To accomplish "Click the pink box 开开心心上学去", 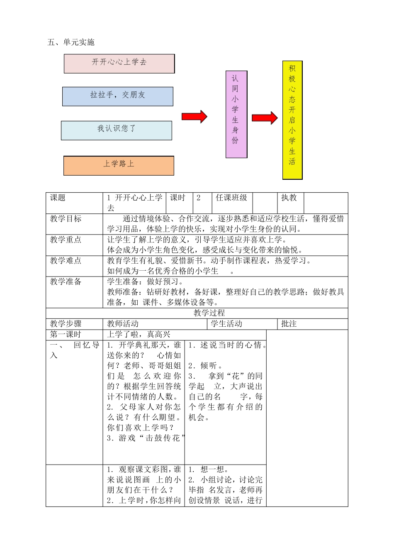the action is tap(119, 64).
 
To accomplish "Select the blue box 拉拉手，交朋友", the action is tap(118, 96).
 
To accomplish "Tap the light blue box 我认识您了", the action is tap(116, 130).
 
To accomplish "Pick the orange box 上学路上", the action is tap(119, 166).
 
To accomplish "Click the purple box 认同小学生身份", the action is tap(236, 114).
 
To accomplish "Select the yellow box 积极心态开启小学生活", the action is tap(292, 120).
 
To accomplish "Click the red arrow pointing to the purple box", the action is tap(194, 117).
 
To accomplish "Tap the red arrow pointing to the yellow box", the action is tap(265, 118).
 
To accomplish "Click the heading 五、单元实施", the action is tap(71, 42).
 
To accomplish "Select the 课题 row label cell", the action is tap(58, 198).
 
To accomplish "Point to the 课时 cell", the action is tap(178, 198).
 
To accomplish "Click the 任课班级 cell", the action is tap(231, 198).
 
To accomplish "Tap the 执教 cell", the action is tap(289, 198).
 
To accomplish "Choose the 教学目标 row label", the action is tap(66, 219).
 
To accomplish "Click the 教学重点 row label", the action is tap(66, 240).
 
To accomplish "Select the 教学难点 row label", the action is tap(66, 261).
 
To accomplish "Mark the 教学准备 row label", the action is tap(66, 282).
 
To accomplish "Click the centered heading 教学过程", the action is tap(209, 313).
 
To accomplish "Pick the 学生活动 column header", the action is tap(226, 324).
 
